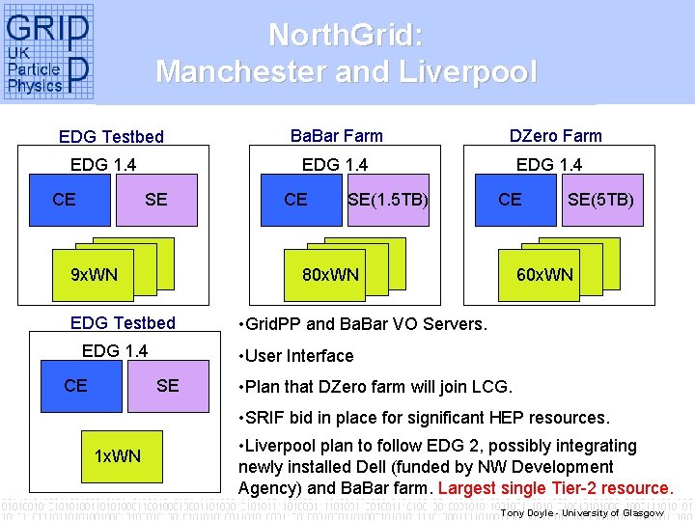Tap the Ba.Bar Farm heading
click(336, 136)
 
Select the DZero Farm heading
click(555, 136)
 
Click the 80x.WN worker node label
click(330, 275)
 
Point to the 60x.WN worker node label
click(544, 275)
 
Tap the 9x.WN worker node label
click(95, 275)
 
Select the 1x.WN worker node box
click(118, 455)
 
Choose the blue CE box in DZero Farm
click(511, 200)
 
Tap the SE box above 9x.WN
click(156, 200)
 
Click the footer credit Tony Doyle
click(530, 513)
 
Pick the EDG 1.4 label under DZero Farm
click(549, 165)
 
